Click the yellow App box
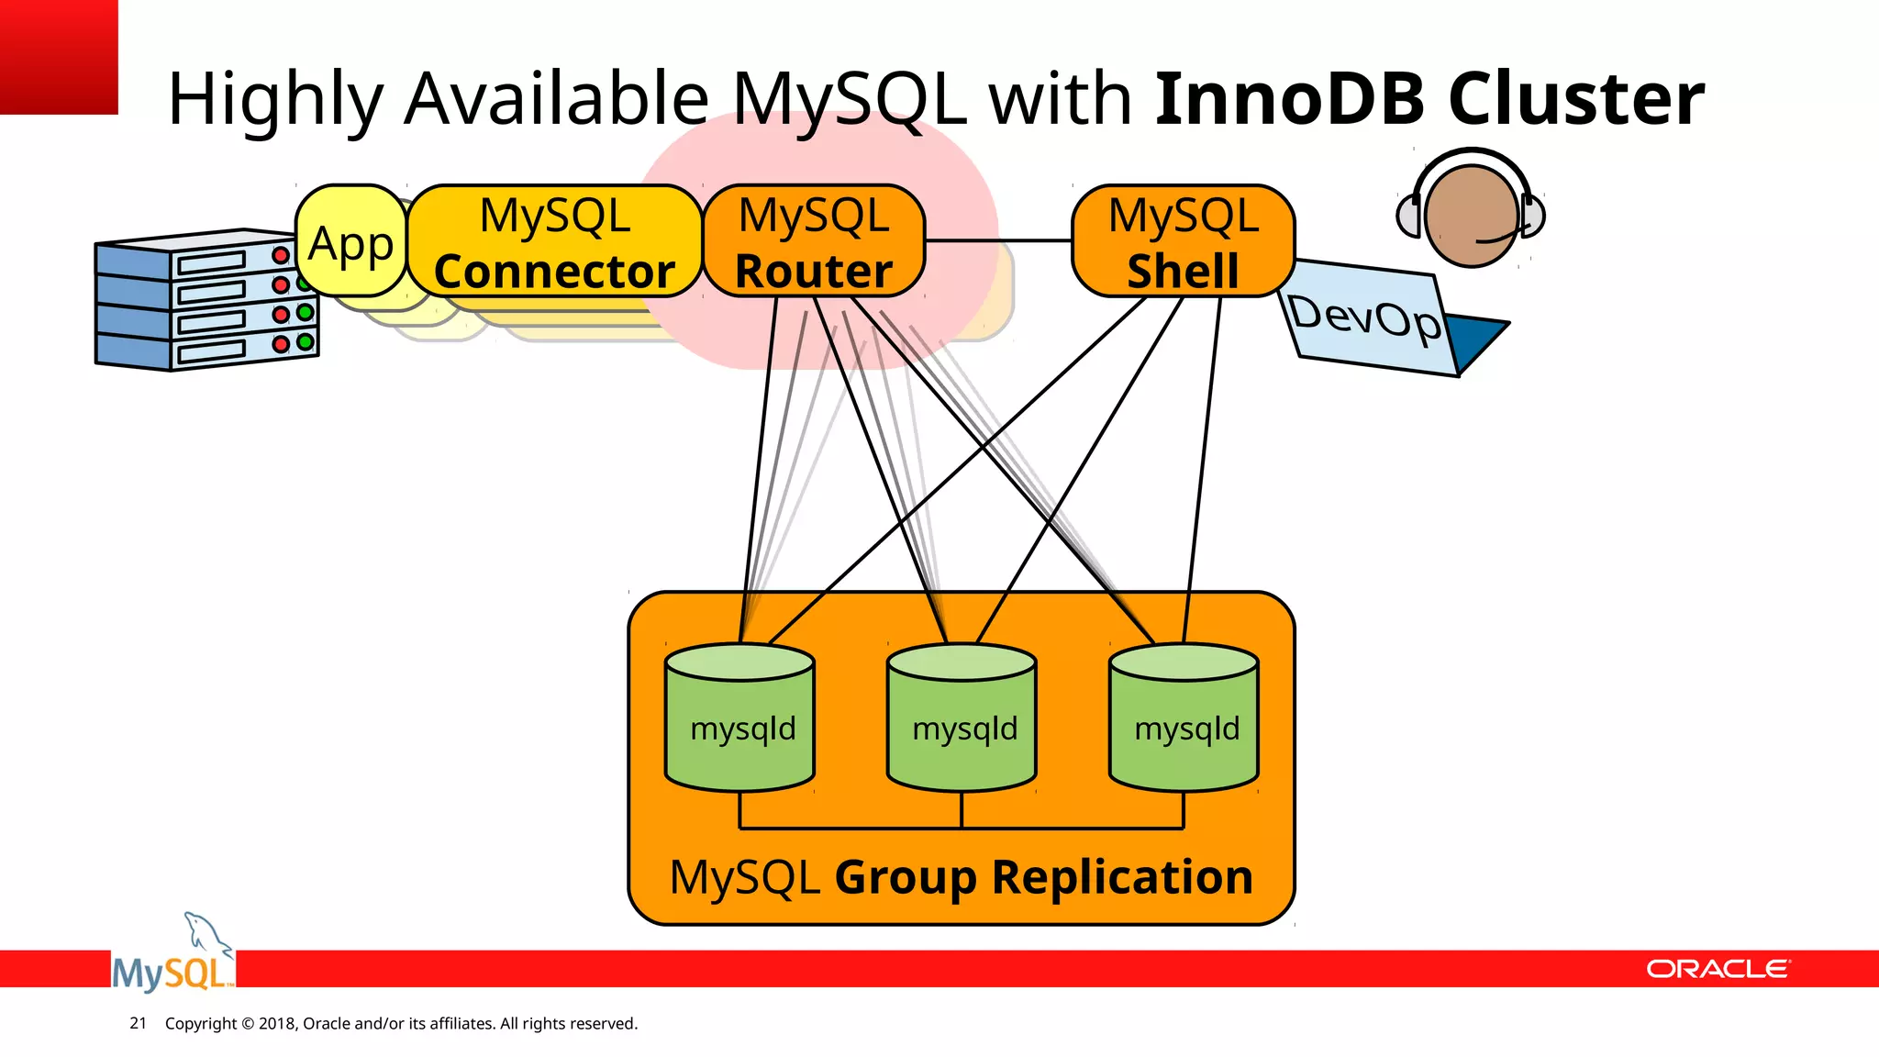point(350,241)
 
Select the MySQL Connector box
point(554,241)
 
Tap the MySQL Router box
point(814,241)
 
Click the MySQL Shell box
point(1183,241)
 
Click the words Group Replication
point(1043,876)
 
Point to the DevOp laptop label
point(1365,318)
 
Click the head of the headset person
point(1471,216)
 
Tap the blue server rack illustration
point(206,300)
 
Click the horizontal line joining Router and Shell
point(998,240)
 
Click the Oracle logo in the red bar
point(1717,969)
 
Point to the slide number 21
point(138,1023)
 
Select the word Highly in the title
point(274,99)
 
